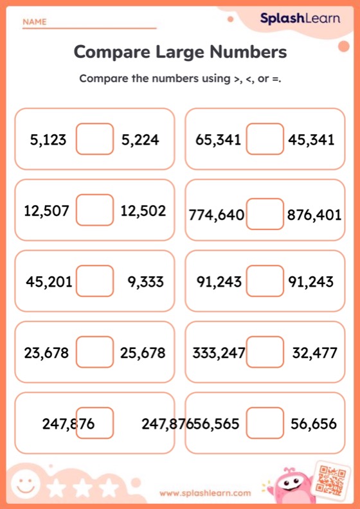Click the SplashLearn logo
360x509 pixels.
[x=300, y=19]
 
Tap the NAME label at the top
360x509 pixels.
[x=35, y=22]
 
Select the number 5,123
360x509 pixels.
[x=48, y=139]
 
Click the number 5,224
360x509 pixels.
[x=140, y=139]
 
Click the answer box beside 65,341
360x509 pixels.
[x=265, y=139]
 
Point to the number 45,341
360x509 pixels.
[x=312, y=139]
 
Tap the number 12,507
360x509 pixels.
[x=46, y=211]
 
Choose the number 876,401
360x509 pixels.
[x=314, y=215]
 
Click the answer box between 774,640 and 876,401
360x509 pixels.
[x=265, y=214]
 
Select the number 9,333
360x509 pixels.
[x=145, y=281]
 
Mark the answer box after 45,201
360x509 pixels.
[x=95, y=281]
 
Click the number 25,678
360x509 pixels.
[x=143, y=353]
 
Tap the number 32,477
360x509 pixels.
[x=314, y=353]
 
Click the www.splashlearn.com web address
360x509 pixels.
[x=205, y=493]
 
